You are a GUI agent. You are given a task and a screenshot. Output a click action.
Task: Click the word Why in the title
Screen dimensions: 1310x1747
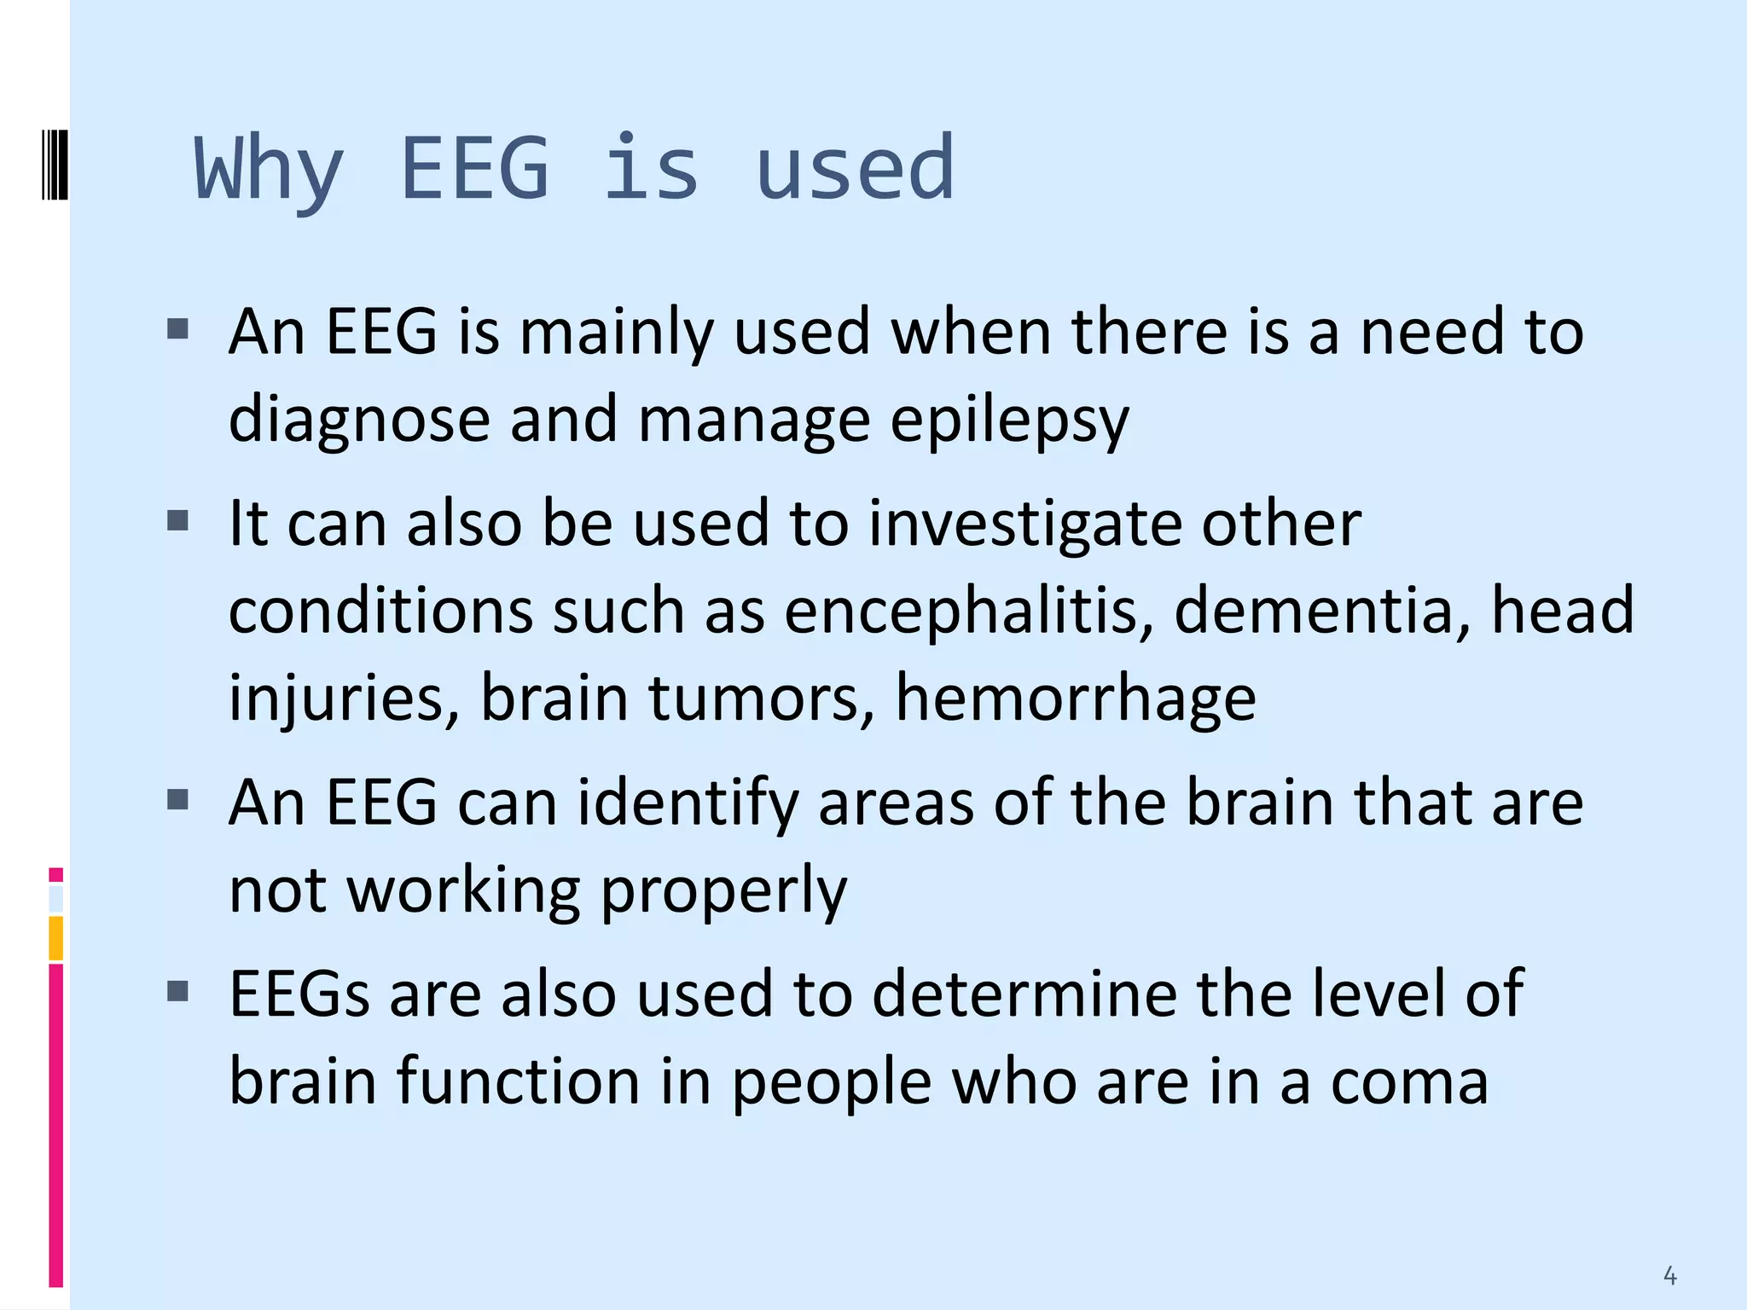coord(269,170)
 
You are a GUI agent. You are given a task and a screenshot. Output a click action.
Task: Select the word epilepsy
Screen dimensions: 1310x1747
coord(1010,420)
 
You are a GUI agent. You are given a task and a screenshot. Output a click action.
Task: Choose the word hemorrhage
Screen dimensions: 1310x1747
coord(1075,698)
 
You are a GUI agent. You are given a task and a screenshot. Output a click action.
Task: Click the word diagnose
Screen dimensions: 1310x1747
coord(359,420)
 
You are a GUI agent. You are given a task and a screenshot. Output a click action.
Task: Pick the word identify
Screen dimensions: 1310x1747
coord(688,803)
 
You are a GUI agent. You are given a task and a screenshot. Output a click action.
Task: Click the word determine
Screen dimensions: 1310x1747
coord(1023,994)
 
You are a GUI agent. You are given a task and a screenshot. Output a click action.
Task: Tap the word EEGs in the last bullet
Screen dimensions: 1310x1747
coord(299,994)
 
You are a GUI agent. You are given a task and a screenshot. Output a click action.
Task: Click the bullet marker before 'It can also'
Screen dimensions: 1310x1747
coord(177,520)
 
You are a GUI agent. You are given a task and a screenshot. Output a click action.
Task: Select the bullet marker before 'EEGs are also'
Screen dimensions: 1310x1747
coord(177,991)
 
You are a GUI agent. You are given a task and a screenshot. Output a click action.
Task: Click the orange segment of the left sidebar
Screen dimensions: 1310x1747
coord(56,938)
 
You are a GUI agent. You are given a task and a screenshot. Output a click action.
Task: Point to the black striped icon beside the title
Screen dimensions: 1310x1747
coord(55,163)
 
